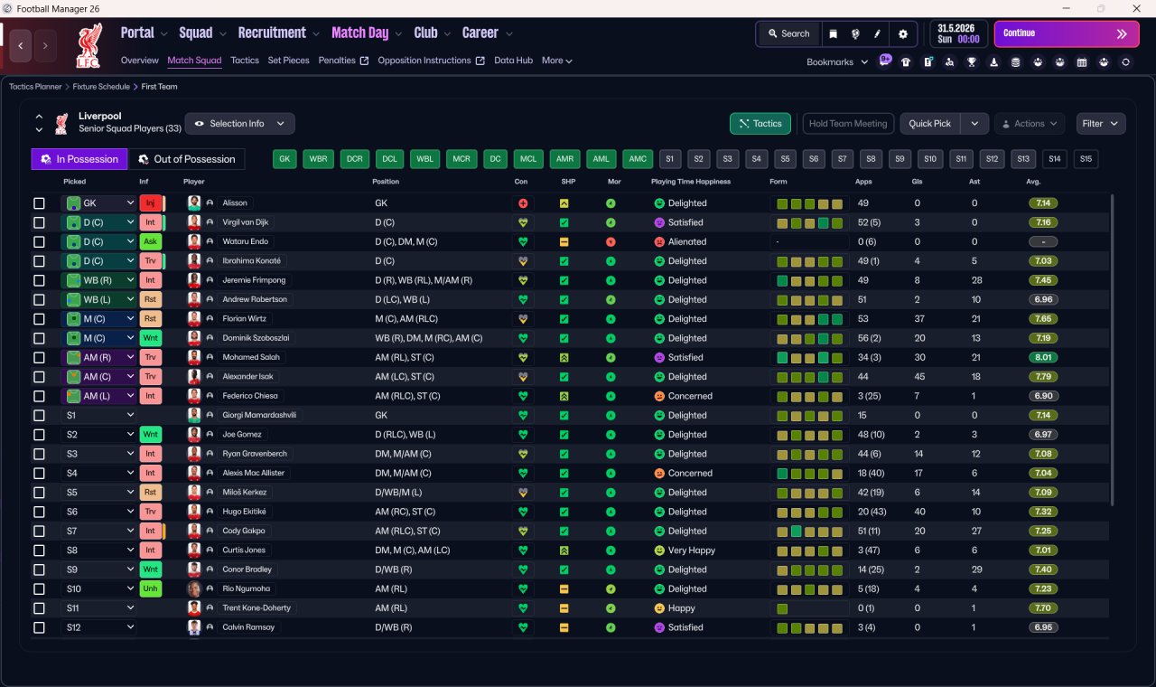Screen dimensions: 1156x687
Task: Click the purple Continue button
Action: pos(1067,33)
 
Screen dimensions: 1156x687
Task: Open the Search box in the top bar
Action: pos(788,33)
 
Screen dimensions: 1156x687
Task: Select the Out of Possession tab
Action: pos(186,159)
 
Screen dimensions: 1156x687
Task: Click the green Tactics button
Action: pos(760,124)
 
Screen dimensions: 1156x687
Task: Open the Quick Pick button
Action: pos(929,124)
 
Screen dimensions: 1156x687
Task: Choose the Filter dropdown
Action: pos(1100,124)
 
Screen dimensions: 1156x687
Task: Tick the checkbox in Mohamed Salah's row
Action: pos(39,357)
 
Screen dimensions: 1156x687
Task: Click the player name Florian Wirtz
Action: pos(244,319)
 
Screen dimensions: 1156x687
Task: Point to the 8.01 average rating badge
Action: pos(1043,357)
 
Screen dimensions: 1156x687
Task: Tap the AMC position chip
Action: pos(638,159)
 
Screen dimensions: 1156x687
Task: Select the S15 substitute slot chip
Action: pos(1086,159)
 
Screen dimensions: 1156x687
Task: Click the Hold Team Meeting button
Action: pos(848,124)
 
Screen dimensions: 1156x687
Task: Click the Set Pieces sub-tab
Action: pos(288,61)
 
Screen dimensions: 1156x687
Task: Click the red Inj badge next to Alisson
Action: pos(150,203)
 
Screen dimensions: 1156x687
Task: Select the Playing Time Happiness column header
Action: pos(691,182)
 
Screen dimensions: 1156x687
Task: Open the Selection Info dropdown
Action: pos(239,124)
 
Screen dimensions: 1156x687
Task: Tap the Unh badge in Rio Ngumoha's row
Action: pos(150,588)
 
